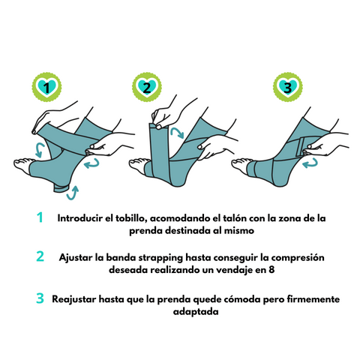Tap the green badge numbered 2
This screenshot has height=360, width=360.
tap(148, 88)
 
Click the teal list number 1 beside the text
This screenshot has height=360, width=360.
tap(40, 217)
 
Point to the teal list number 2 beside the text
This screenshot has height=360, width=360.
tap(40, 257)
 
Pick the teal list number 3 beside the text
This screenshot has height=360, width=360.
tap(40, 298)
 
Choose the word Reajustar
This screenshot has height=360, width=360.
tap(76, 298)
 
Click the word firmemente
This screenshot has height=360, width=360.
tap(308, 298)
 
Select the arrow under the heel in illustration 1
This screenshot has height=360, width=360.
tap(72, 194)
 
